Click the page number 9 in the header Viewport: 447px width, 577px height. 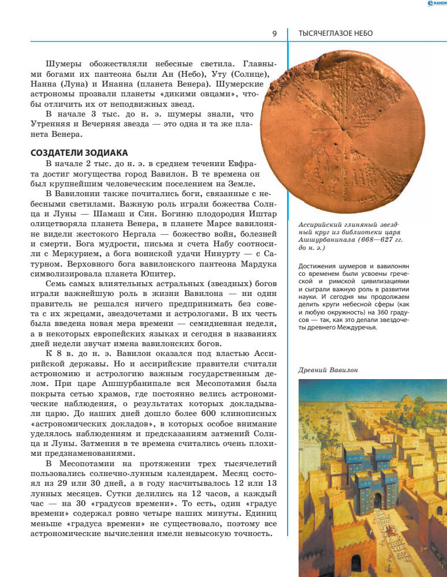274,33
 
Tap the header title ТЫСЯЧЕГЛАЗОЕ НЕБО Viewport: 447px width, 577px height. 335,33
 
